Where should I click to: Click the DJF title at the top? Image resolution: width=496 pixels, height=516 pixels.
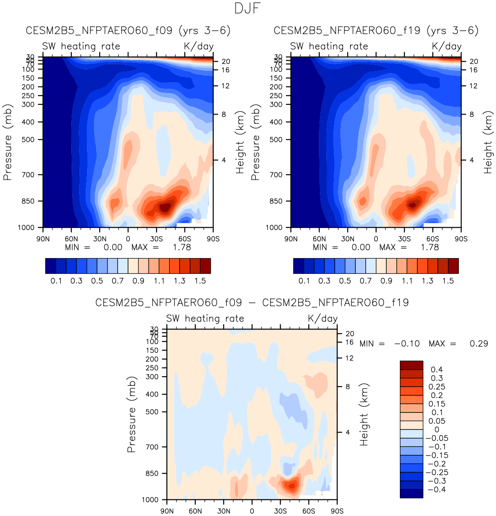248,8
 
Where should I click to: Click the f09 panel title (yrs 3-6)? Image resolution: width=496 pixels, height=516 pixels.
128,31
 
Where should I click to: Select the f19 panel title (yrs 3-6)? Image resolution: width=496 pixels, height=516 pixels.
376,31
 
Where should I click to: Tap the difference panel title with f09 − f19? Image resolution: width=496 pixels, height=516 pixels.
252,302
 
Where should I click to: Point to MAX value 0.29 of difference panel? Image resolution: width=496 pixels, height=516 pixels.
479,344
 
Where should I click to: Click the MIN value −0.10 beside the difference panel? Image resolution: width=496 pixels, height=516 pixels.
407,344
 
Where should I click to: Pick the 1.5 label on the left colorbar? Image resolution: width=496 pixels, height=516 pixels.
200,281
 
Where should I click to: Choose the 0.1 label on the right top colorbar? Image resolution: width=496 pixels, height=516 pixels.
304,281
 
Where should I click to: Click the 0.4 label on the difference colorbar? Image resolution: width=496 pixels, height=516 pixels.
437,370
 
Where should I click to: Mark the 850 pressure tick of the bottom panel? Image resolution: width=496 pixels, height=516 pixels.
152,473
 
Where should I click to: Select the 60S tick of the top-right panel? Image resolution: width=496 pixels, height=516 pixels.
433,239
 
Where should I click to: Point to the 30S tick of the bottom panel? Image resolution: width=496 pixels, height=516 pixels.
280,511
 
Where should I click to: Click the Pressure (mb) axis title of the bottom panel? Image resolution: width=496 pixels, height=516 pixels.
132,414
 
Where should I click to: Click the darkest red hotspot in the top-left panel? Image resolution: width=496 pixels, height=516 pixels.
164,207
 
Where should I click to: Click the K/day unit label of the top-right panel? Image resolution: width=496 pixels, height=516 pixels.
447,46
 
